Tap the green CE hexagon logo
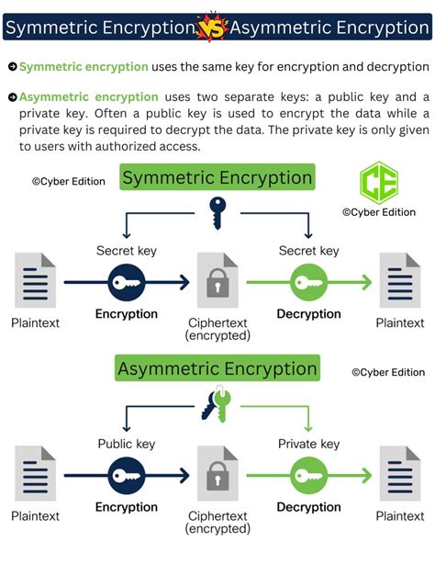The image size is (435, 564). tap(374, 183)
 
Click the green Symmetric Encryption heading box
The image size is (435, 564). tap(217, 177)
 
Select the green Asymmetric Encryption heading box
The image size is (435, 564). tap(217, 369)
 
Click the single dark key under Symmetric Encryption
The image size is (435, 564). tap(217, 211)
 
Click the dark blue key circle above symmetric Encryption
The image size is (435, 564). tap(127, 281)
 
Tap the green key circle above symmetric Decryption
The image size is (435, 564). tap(309, 281)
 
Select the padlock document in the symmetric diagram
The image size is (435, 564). tap(217, 282)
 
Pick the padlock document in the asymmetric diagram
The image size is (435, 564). tap(217, 476)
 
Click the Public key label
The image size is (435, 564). tap(126, 444)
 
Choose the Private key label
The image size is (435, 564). tap(309, 444)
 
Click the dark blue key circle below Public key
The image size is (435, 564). tap(127, 476)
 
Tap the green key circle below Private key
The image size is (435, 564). tap(309, 476)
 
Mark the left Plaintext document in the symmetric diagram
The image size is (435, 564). tap(35, 281)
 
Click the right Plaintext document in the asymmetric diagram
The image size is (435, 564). tap(400, 474)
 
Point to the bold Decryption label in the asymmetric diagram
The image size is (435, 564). tap(309, 507)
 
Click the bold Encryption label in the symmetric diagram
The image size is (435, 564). tap(127, 314)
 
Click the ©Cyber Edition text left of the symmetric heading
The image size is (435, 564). tap(68, 182)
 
